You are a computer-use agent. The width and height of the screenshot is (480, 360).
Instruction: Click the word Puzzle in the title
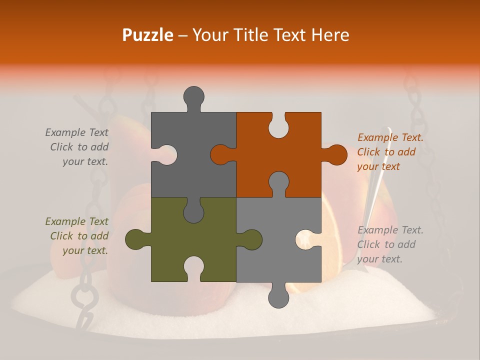click(x=148, y=35)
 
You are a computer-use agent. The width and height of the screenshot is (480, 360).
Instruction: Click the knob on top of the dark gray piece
click(x=193, y=96)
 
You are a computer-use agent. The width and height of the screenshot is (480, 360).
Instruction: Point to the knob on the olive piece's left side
click(x=135, y=239)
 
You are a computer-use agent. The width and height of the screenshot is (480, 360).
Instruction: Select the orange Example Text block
click(x=390, y=152)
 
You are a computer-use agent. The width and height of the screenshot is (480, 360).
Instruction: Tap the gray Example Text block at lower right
click(x=390, y=244)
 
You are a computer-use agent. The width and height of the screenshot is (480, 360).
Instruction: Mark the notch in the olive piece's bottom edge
click(x=193, y=267)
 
